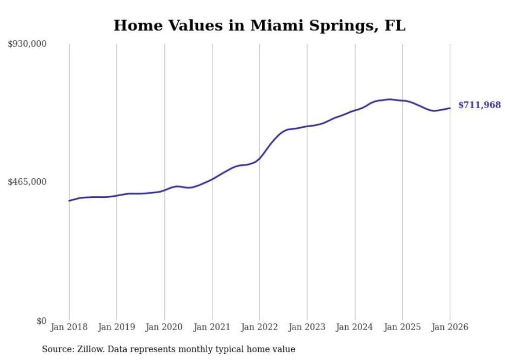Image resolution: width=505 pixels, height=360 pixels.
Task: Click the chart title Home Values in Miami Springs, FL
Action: point(259,25)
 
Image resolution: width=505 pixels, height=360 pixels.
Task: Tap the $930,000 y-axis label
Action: point(27,44)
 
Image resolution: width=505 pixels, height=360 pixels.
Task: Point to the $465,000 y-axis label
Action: point(27,182)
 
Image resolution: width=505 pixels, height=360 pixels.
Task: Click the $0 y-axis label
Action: point(41,321)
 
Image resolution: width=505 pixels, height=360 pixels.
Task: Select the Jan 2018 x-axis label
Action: point(69,327)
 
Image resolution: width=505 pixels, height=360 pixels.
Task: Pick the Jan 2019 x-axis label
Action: point(116,327)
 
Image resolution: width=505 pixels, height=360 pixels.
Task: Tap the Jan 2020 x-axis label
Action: point(164,327)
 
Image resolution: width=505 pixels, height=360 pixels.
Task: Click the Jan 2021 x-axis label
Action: point(212,327)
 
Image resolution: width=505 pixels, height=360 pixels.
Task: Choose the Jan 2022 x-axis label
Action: point(260,327)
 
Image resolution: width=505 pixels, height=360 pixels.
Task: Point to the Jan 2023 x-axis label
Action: point(307,327)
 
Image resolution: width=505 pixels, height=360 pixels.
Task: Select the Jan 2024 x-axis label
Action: point(355,327)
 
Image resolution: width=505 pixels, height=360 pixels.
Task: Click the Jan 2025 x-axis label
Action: point(402,327)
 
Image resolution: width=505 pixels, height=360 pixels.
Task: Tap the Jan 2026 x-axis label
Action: point(450,327)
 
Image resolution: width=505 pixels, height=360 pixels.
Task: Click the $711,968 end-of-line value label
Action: point(479,105)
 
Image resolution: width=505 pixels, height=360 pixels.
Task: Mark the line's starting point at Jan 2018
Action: point(69,200)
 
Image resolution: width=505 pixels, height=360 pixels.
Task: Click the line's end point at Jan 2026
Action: point(450,108)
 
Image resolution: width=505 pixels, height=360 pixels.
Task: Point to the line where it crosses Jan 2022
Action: point(260,158)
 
